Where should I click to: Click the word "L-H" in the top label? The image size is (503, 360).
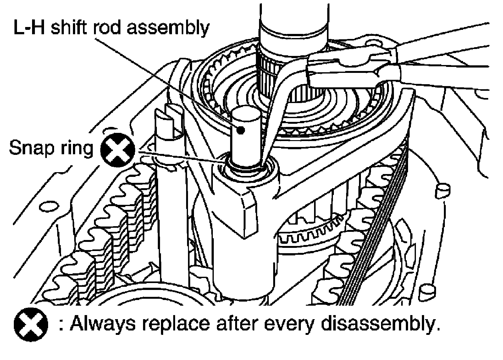click(30, 29)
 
